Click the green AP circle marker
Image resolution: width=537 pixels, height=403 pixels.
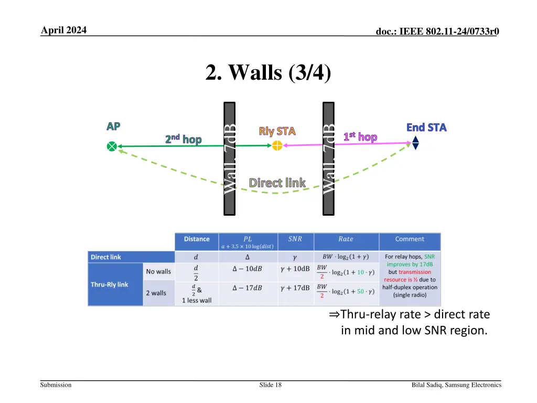click(112, 146)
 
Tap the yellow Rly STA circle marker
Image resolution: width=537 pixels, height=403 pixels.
click(277, 146)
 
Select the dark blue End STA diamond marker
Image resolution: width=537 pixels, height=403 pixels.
click(415, 143)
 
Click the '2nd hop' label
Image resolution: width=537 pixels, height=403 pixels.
click(183, 139)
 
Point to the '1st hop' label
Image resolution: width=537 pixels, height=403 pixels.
click(360, 137)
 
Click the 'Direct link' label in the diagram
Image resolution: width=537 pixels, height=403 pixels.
click(277, 183)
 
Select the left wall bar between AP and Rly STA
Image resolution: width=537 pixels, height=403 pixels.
click(230, 158)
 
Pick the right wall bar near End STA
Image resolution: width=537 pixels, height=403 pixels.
click(328, 158)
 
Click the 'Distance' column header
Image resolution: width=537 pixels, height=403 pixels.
click(197, 239)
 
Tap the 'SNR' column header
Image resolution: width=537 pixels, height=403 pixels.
click(295, 239)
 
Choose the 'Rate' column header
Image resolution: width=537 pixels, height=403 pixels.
click(346, 239)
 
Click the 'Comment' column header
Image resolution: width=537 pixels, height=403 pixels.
click(410, 239)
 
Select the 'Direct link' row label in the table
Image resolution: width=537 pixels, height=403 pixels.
click(106, 257)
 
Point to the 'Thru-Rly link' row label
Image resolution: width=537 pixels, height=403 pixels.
click(109, 284)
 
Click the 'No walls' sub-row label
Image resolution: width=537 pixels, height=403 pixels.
click(158, 271)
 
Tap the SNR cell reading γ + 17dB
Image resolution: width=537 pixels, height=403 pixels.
click(295, 288)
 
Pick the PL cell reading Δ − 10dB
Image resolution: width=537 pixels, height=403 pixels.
click(248, 269)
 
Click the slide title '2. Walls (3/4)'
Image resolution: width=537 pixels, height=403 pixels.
click(268, 72)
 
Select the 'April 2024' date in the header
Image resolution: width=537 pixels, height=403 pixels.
click(63, 30)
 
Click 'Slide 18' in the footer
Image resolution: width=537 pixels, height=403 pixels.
click(270, 385)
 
